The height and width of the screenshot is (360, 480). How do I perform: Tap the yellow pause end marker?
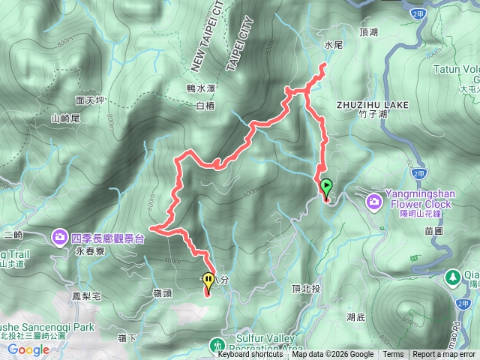point(208,282)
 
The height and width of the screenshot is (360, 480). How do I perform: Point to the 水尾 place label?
point(333,46)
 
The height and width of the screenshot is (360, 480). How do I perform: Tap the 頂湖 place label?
point(370,34)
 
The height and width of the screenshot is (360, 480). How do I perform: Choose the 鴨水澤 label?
point(201,88)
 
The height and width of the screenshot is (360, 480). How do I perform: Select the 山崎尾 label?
point(65,118)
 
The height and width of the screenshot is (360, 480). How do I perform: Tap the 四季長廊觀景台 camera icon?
point(60,238)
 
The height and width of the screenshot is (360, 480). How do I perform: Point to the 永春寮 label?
point(88,253)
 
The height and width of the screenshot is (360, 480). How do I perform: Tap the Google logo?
point(28,349)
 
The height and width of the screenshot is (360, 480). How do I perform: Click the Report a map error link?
point(445,355)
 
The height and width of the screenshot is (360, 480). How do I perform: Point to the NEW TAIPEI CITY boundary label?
point(208,37)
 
